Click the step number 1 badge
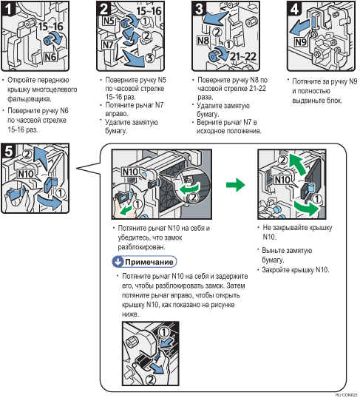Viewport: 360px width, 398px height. (7, 8)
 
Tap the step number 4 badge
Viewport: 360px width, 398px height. (294, 8)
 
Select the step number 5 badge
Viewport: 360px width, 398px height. (9, 151)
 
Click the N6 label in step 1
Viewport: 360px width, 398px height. (50, 57)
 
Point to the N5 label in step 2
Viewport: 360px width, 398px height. (109, 21)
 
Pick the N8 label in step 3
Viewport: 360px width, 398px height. (203, 41)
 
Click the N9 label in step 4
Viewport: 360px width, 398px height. (301, 41)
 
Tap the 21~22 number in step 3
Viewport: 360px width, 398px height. (243, 57)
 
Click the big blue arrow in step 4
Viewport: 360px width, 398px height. (299, 28)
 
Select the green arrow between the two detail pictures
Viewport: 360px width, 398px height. (236, 184)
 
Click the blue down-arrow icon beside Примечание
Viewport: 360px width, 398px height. (118, 262)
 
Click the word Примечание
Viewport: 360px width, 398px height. (149, 262)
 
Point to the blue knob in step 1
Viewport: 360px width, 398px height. (48, 41)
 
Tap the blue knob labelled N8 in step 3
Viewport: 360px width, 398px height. (214, 55)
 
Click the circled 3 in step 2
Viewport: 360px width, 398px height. (150, 58)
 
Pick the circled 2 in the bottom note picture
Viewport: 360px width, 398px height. (151, 380)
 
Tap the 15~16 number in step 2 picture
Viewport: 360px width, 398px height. (149, 11)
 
